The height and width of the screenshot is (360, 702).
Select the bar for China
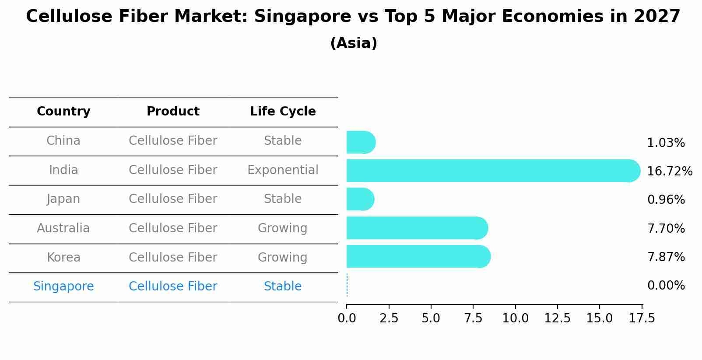pyautogui.click(x=361, y=142)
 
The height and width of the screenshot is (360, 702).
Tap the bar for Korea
pyautogui.click(x=418, y=256)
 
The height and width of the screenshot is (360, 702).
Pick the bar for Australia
pyautogui.click(x=417, y=228)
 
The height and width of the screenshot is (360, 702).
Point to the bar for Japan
pyautogui.click(x=360, y=199)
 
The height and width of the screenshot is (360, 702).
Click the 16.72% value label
pyautogui.click(x=670, y=171)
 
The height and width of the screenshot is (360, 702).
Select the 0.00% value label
pyautogui.click(x=666, y=286)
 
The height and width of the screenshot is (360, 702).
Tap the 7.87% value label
pyautogui.click(x=666, y=257)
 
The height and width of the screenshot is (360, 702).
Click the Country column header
pyautogui.click(x=63, y=112)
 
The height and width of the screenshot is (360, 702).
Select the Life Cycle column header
pyautogui.click(x=283, y=112)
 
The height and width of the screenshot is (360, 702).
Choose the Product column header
pyautogui.click(x=173, y=112)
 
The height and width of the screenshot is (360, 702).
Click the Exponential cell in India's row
pyautogui.click(x=283, y=170)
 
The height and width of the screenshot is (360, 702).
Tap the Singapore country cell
pyautogui.click(x=63, y=287)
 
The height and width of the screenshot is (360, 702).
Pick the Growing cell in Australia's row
pyautogui.click(x=282, y=228)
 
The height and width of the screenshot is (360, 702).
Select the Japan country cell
pyautogui.click(x=63, y=199)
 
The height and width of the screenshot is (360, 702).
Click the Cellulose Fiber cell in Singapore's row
pyautogui.click(x=173, y=287)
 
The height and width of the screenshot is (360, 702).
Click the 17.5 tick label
pyautogui.click(x=642, y=318)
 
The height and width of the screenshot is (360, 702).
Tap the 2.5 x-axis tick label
pyautogui.click(x=389, y=318)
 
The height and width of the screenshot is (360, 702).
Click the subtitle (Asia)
pyautogui.click(x=354, y=43)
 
